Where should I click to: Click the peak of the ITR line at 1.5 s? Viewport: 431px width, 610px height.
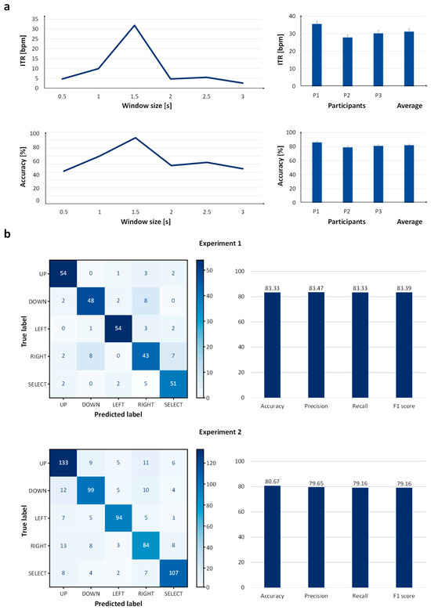[134, 25]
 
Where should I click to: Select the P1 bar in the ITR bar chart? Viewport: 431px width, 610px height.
[317, 55]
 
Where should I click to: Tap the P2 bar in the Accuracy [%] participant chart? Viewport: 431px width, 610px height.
[347, 175]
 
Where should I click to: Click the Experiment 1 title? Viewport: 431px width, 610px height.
[220, 244]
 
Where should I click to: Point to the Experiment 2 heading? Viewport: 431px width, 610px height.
[220, 432]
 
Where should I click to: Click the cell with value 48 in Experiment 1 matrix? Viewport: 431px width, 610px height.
[91, 301]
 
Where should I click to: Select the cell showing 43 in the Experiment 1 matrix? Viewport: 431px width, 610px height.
[146, 356]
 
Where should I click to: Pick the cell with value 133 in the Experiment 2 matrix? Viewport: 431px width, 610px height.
[63, 463]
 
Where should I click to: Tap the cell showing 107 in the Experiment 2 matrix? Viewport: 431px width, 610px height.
[173, 573]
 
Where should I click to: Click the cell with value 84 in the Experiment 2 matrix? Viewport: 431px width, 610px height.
[146, 546]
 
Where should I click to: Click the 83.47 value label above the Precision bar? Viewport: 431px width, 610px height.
[316, 288]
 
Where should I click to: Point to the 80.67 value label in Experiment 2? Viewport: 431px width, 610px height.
[272, 482]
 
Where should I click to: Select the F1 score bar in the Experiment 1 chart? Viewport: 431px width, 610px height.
[404, 345]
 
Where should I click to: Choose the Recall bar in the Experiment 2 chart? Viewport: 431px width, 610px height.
[360, 537]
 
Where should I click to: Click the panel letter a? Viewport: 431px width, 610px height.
[6, 6]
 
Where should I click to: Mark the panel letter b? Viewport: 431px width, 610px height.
[6, 235]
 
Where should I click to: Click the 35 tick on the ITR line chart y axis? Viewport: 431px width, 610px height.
[35, 19]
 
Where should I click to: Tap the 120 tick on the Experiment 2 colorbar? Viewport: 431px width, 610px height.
[212, 464]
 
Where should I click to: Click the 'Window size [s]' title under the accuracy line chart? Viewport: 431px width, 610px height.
[146, 222]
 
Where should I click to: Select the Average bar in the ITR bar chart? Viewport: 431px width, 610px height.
[409, 59]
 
